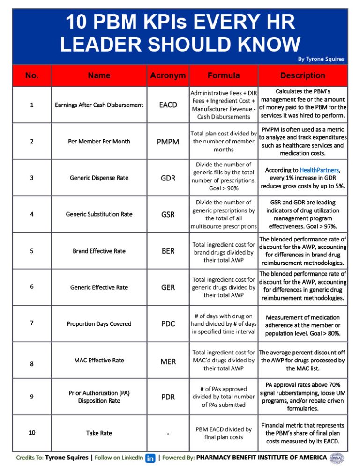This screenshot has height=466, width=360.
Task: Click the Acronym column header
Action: click(168, 75)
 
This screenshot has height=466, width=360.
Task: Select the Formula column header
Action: click(224, 75)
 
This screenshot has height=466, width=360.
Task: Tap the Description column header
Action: click(302, 75)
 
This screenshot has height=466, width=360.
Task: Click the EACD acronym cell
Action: click(168, 105)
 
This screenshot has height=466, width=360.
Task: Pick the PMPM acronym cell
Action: click(168, 142)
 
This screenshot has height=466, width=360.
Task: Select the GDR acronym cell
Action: click(168, 178)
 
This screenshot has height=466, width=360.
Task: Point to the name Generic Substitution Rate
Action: click(99, 214)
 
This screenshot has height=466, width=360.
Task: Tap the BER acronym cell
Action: click(168, 251)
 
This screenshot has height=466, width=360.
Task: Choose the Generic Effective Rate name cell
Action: click(99, 287)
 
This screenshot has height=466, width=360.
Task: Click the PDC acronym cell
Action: click(168, 324)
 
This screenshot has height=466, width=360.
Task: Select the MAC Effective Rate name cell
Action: click(99, 360)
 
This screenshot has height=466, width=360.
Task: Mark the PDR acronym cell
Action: click(168, 397)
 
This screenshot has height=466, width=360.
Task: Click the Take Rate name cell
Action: click(99, 433)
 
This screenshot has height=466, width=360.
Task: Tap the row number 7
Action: click(31, 323)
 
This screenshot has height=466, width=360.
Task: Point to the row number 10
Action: click(31, 433)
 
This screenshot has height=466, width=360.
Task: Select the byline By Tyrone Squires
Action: click(321, 59)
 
